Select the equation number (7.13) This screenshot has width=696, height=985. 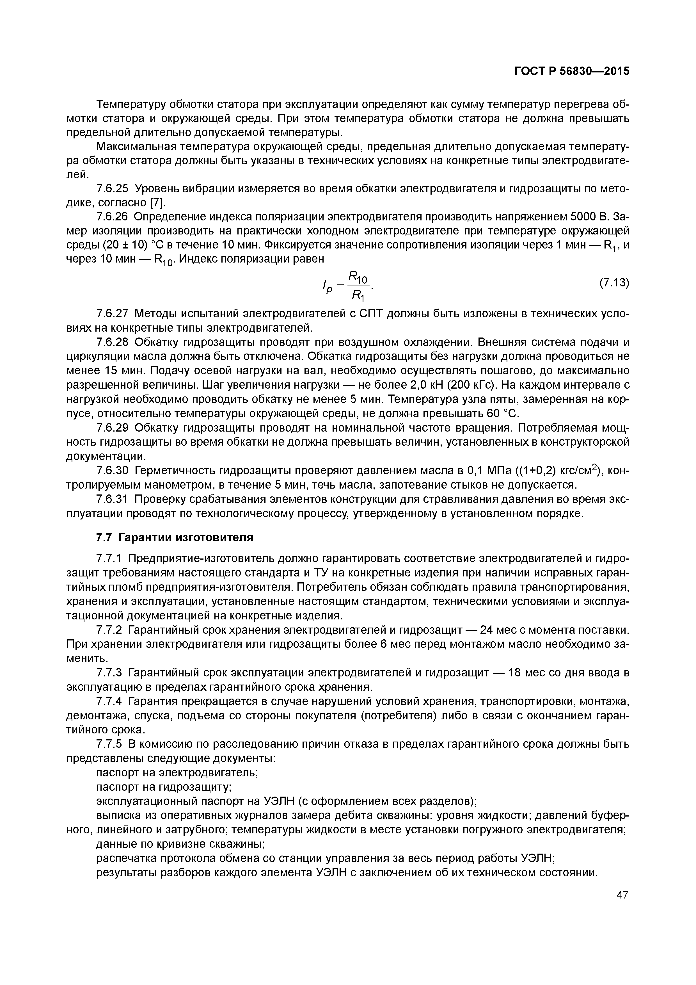614,283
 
